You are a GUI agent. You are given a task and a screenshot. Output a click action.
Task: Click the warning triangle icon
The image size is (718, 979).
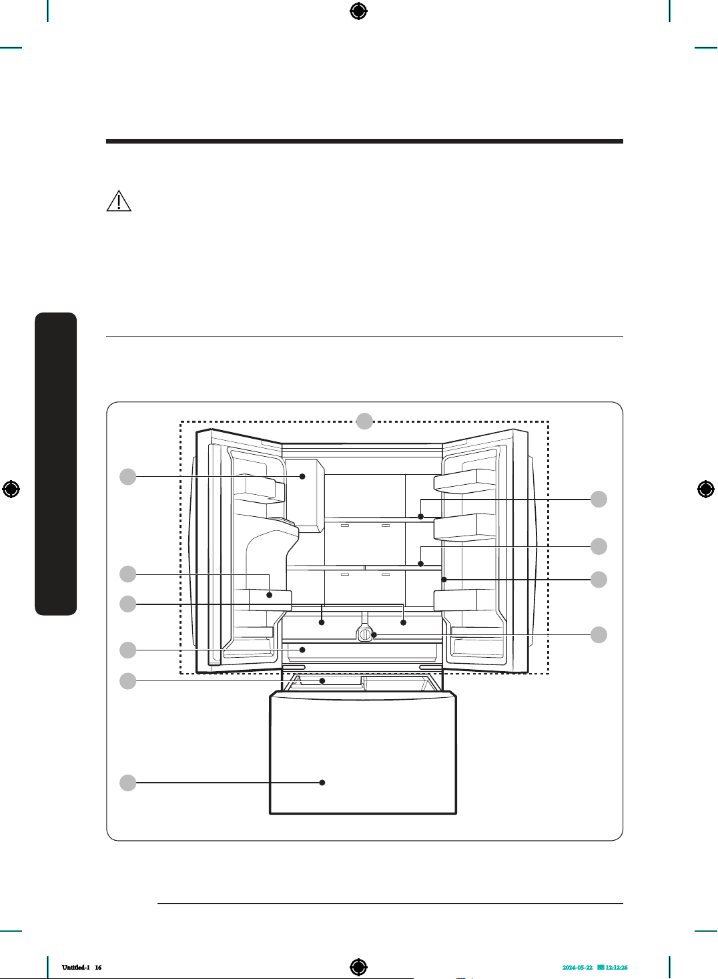119,201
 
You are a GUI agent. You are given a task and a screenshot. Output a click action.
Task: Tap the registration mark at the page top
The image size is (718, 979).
358,11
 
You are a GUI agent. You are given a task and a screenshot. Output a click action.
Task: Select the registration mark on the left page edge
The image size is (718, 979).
11,489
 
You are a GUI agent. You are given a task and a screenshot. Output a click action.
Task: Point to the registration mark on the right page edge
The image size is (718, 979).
706,489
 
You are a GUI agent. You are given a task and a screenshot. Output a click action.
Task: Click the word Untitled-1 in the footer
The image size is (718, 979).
76,967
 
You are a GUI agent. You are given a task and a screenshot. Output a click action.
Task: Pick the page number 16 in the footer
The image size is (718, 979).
98,967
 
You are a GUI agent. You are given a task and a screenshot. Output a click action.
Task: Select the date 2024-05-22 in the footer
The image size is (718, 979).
577,968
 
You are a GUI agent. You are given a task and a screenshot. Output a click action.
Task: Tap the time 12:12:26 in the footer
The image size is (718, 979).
617,968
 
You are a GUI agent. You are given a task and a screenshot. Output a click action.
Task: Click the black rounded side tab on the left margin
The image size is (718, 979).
56,463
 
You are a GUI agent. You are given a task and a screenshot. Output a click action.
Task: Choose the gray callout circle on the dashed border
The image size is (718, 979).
364,421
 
